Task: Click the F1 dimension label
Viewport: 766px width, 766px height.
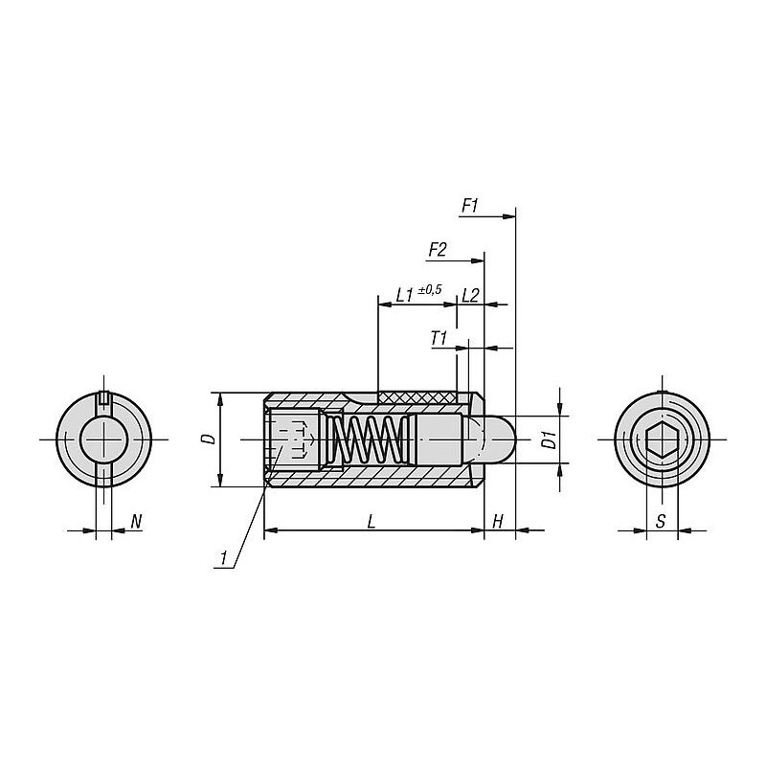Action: [x=470, y=207]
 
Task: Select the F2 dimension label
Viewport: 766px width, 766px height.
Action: [x=438, y=251]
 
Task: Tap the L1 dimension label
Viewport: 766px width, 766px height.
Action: [x=405, y=295]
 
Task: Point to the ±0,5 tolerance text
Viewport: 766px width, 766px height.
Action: [x=429, y=289]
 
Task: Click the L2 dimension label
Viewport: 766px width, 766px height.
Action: [x=470, y=295]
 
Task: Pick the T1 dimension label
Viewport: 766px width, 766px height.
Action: [x=439, y=338]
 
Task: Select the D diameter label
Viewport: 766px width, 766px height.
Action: [x=210, y=439]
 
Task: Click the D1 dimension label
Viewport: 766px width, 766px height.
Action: [x=551, y=439]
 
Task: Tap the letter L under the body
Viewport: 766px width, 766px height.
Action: [x=372, y=522]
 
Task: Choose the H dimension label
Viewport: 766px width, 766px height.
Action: [x=497, y=522]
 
